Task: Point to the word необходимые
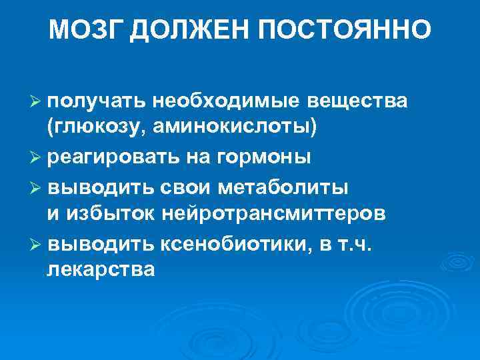[227, 101]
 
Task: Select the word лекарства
[101, 271]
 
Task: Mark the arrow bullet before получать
[37, 101]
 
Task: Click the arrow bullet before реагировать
[37, 158]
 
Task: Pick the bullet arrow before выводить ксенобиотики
[37, 243]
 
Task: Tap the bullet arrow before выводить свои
[37, 186]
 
